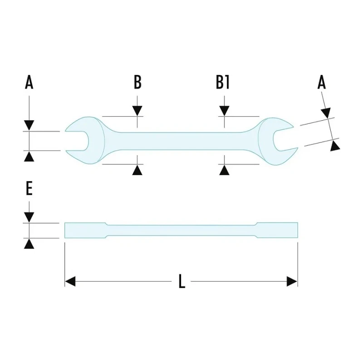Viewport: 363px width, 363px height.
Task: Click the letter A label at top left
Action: (29, 83)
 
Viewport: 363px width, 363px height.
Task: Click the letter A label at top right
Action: (322, 83)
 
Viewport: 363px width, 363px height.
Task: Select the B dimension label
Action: (137, 82)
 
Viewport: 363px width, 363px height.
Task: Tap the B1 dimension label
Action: (223, 82)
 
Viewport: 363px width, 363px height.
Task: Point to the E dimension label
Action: (29, 188)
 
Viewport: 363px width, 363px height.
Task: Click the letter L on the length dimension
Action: (182, 281)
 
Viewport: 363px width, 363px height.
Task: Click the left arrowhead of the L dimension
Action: (70, 281)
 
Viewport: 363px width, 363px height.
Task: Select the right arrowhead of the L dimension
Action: (292, 281)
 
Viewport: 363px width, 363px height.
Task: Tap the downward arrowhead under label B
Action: (137, 111)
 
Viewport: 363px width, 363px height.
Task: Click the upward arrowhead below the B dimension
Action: (137, 170)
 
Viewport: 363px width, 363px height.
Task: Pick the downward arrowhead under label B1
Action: (224, 111)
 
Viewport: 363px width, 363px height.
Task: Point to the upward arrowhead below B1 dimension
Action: (224, 170)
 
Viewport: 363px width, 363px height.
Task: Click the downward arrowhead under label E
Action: (29, 217)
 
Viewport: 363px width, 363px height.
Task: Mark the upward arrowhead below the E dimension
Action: (29, 244)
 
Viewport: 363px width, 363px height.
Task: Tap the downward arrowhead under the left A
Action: (29, 125)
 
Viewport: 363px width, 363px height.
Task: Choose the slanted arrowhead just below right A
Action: (326, 113)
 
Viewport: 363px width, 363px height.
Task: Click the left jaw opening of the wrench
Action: (77, 141)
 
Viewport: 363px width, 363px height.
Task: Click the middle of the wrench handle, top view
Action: (181, 141)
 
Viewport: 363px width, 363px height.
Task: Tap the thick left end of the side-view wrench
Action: (85, 230)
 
